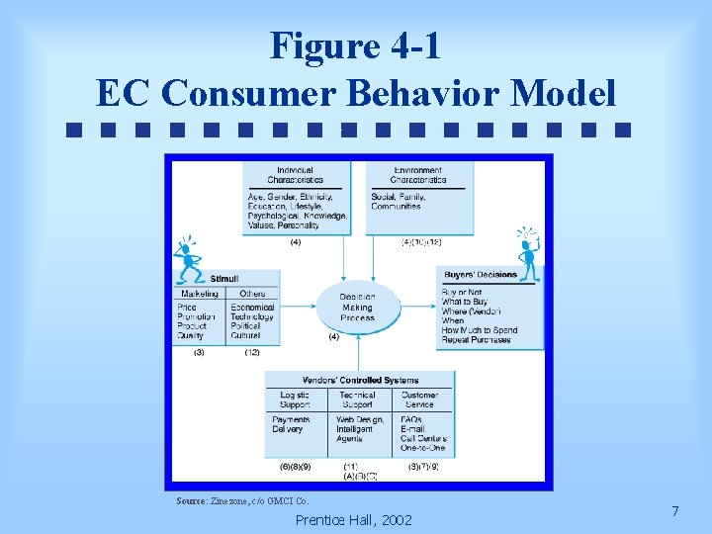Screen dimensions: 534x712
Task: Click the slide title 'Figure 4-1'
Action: click(x=355, y=45)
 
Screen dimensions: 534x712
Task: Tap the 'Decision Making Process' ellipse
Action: click(x=357, y=308)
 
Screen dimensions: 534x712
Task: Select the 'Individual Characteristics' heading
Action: click(x=295, y=175)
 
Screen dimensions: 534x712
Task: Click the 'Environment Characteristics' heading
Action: click(x=418, y=175)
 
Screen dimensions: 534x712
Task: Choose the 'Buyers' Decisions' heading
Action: click(x=481, y=275)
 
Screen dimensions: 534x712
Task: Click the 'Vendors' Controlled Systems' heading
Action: click(x=360, y=380)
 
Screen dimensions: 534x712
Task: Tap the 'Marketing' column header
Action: click(x=199, y=294)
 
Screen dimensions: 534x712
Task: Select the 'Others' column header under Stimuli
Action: click(x=252, y=294)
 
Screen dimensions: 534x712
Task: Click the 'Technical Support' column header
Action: click(x=357, y=400)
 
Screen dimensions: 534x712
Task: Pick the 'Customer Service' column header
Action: click(x=419, y=400)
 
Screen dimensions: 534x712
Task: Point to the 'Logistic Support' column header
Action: click(x=295, y=400)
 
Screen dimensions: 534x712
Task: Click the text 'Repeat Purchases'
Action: click(x=477, y=339)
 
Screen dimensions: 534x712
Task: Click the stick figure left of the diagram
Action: click(x=187, y=262)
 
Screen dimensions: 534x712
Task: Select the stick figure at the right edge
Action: click(x=529, y=254)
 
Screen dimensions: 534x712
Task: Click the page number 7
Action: click(x=674, y=511)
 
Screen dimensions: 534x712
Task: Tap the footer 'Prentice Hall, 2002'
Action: click(x=354, y=520)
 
